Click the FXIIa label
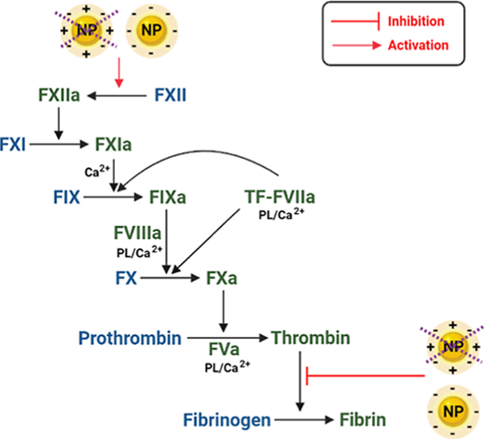point(59,95)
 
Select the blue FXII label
point(171,95)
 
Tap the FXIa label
point(114,145)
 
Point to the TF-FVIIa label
point(280,197)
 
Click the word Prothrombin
point(130,338)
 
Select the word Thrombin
point(311,337)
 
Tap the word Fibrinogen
point(227,420)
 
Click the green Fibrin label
point(363,419)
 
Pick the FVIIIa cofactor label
point(137,233)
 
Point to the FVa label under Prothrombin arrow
point(224,349)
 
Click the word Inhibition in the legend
point(416,21)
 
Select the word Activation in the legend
point(418,45)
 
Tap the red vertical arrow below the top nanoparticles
point(119,72)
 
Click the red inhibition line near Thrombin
point(366,375)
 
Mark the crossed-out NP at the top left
point(87,31)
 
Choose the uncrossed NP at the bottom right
point(453,412)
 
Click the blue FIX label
point(66,197)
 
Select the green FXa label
point(222,278)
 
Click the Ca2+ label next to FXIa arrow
point(97,171)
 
